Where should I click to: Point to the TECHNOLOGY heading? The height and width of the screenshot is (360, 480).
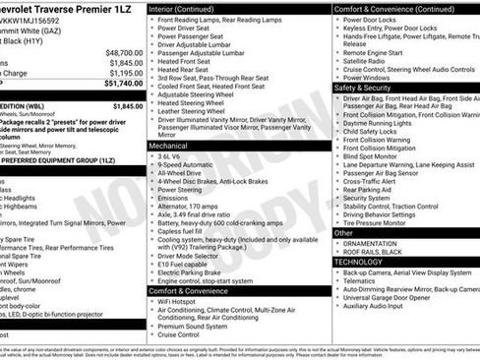[x=361, y=263]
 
